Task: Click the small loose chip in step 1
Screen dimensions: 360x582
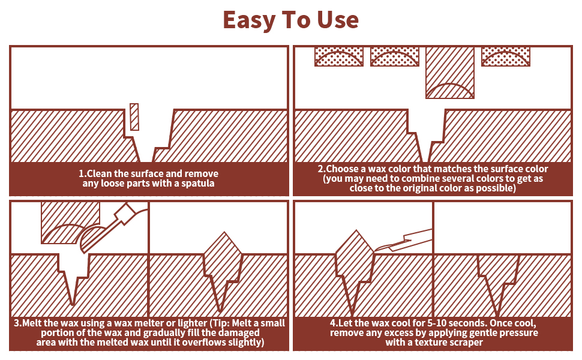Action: pyautogui.click(x=134, y=117)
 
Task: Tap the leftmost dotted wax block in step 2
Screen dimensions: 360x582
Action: pyautogui.click(x=339, y=56)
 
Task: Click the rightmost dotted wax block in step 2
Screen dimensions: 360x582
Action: pyautogui.click(x=506, y=56)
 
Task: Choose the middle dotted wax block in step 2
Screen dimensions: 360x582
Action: pyautogui.click(x=394, y=56)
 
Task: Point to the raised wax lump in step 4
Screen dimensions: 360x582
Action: pyautogui.click(x=354, y=258)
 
